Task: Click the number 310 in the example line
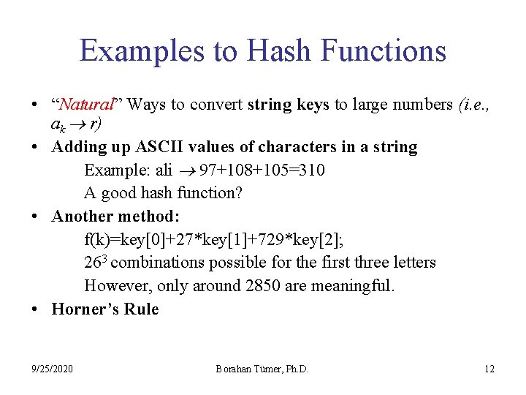(313, 170)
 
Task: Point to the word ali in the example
(161, 170)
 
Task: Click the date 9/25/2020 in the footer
(52, 369)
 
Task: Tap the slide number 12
(489, 369)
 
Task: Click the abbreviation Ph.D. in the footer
(296, 369)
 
